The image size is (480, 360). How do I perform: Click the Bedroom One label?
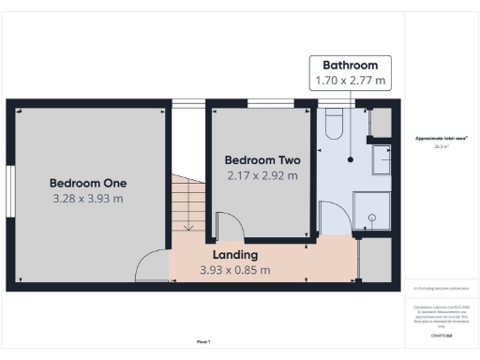(x=88, y=183)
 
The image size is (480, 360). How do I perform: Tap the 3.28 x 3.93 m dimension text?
(x=88, y=199)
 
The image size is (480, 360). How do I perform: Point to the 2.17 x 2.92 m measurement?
(x=262, y=175)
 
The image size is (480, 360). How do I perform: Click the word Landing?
(x=235, y=255)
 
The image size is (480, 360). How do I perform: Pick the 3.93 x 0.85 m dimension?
(x=235, y=270)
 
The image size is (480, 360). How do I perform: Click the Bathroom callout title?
(x=351, y=66)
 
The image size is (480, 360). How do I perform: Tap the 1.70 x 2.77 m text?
(x=351, y=82)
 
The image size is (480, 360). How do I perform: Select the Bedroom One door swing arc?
(x=150, y=267)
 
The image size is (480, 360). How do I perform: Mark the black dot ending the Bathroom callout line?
(x=351, y=158)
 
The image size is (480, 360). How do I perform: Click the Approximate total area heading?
(x=442, y=139)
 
